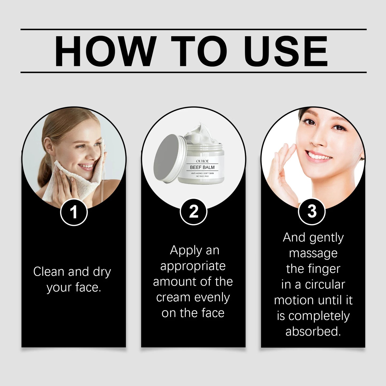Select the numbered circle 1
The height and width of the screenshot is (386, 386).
coord(74,212)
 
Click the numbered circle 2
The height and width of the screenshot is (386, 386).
coord(193,212)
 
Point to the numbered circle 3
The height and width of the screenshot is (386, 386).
coord(311,212)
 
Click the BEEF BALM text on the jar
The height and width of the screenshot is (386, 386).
coord(202,167)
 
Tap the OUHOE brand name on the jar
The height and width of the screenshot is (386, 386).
coord(202,161)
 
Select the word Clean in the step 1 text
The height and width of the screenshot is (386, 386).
coord(49,272)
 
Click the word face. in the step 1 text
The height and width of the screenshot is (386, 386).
coord(88,287)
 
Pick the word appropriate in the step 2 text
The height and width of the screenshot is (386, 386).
coord(193,266)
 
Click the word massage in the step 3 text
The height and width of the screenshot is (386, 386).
coord(313,253)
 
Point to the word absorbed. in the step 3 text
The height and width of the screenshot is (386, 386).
coord(313,332)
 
